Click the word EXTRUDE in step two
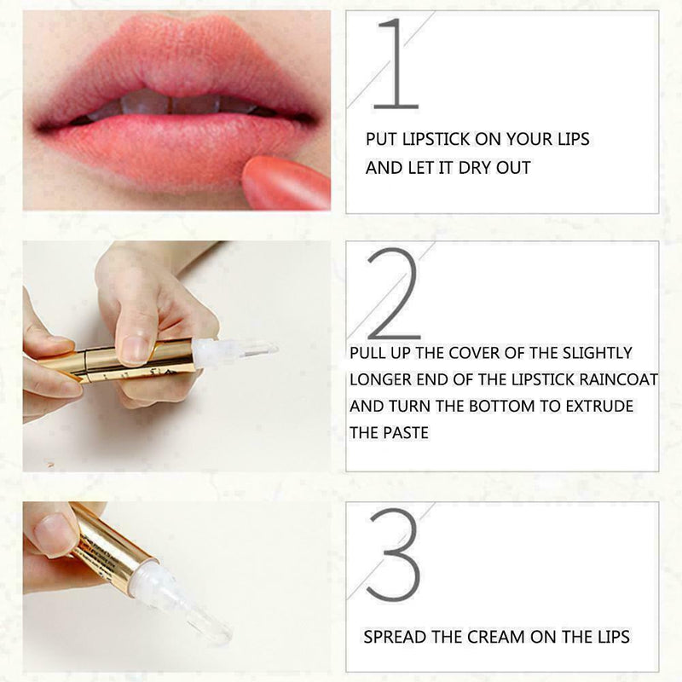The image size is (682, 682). click(x=602, y=406)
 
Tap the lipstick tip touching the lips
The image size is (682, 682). click(x=286, y=179)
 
